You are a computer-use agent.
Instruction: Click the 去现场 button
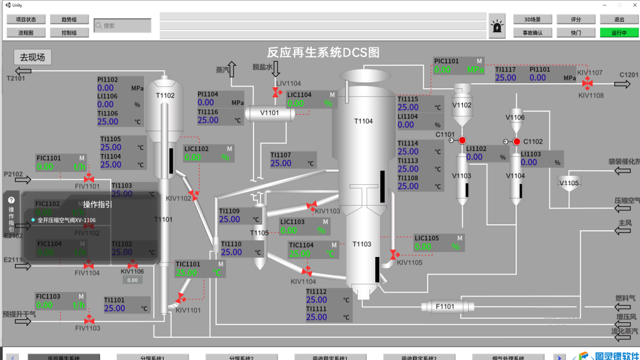click(x=32, y=57)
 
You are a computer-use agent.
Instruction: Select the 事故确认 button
click(x=532, y=33)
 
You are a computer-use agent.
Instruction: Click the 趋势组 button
click(x=69, y=20)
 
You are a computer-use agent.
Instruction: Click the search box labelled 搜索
click(x=123, y=25)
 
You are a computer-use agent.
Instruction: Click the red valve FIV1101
click(x=88, y=178)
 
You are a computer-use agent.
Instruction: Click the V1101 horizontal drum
click(x=270, y=113)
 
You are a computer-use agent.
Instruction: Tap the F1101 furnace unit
click(x=445, y=306)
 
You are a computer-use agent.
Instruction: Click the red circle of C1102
click(x=516, y=142)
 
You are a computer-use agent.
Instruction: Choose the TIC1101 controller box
click(x=200, y=269)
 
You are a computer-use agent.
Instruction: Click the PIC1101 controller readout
click(x=459, y=66)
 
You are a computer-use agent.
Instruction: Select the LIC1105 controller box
click(x=438, y=243)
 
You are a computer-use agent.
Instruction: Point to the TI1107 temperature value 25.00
click(x=281, y=163)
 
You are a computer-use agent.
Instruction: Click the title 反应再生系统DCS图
click(x=323, y=53)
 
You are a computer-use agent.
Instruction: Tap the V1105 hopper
click(x=569, y=182)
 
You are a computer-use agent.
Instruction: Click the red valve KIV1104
click(x=307, y=272)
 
